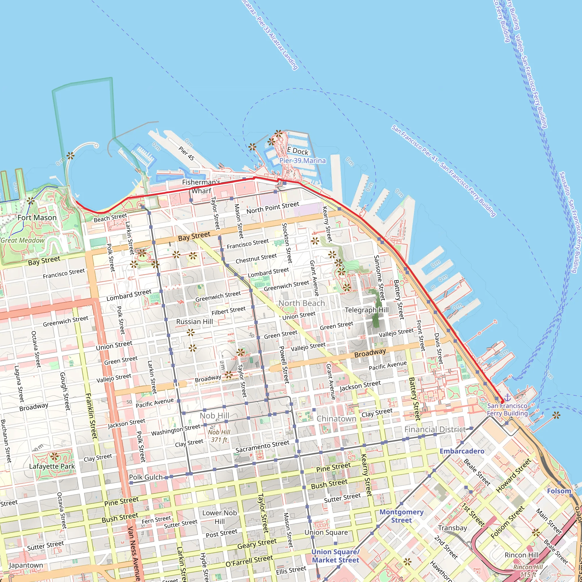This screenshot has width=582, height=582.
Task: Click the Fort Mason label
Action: tap(37, 217)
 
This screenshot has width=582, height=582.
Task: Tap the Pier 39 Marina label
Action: tap(302, 161)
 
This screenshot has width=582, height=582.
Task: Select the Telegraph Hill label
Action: tap(367, 310)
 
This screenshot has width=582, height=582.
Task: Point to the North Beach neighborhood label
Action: tap(302, 303)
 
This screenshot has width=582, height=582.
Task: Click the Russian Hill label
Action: tap(194, 322)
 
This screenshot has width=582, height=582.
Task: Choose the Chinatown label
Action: tap(336, 419)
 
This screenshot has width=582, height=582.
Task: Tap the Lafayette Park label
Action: tap(52, 466)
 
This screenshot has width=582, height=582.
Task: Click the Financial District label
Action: tap(435, 429)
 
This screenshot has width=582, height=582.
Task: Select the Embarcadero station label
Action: tap(462, 451)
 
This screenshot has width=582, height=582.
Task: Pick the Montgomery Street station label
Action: tap(401, 516)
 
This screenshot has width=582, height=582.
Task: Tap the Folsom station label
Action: tap(559, 491)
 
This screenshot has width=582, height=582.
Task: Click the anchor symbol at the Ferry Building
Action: tap(508, 398)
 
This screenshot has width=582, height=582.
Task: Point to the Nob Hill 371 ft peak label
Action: tap(219, 436)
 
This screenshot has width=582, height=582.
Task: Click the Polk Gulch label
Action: tap(146, 477)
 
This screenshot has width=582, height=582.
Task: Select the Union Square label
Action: tap(326, 532)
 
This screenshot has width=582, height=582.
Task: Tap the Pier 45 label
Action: tap(186, 153)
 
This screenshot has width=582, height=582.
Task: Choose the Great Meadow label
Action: tap(23, 240)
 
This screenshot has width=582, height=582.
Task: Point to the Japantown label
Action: tap(26, 565)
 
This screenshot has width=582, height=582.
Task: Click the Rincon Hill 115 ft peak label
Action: tap(528, 570)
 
